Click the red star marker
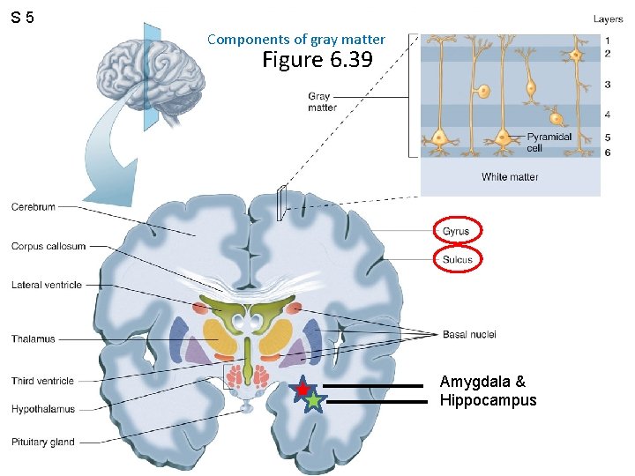(303, 388)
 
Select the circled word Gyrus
(457, 231)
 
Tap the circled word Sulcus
(457, 259)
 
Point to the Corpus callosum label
(49, 247)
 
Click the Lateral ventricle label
(47, 285)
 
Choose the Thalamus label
(34, 339)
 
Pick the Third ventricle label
(42, 381)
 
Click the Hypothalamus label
(43, 409)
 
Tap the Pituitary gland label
(43, 442)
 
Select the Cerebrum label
(34, 207)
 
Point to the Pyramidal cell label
(549, 143)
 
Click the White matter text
(510, 177)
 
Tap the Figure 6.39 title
(317, 60)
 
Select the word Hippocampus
(488, 400)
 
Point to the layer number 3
(608, 85)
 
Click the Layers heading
(608, 19)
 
